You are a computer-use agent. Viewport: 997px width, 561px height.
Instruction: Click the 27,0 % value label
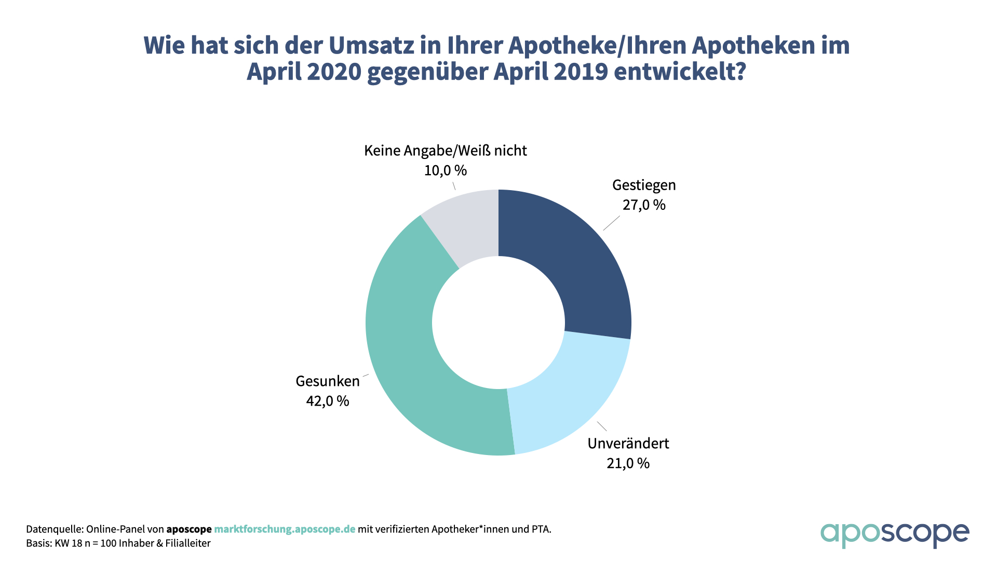[x=644, y=205]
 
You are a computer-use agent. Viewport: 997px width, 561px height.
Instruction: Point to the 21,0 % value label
[x=628, y=463]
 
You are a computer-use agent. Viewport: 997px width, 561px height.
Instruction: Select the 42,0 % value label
[x=328, y=401]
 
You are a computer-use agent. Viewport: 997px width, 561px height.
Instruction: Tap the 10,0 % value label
[x=446, y=170]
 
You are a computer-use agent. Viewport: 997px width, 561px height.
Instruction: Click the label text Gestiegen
[x=644, y=185]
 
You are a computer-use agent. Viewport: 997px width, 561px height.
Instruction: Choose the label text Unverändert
[x=628, y=444]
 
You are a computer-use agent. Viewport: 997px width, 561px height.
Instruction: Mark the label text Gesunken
[x=328, y=381]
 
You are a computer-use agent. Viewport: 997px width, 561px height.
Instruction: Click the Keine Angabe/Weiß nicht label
[x=446, y=151]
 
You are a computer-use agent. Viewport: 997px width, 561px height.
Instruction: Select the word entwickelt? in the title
[x=680, y=72]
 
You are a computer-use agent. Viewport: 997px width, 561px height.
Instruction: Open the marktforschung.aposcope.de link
[x=285, y=529]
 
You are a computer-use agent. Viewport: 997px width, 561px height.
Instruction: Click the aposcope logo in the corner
[x=894, y=535]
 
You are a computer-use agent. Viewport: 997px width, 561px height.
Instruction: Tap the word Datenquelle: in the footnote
[x=55, y=529]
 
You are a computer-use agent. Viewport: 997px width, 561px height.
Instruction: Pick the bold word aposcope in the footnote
[x=189, y=529]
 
